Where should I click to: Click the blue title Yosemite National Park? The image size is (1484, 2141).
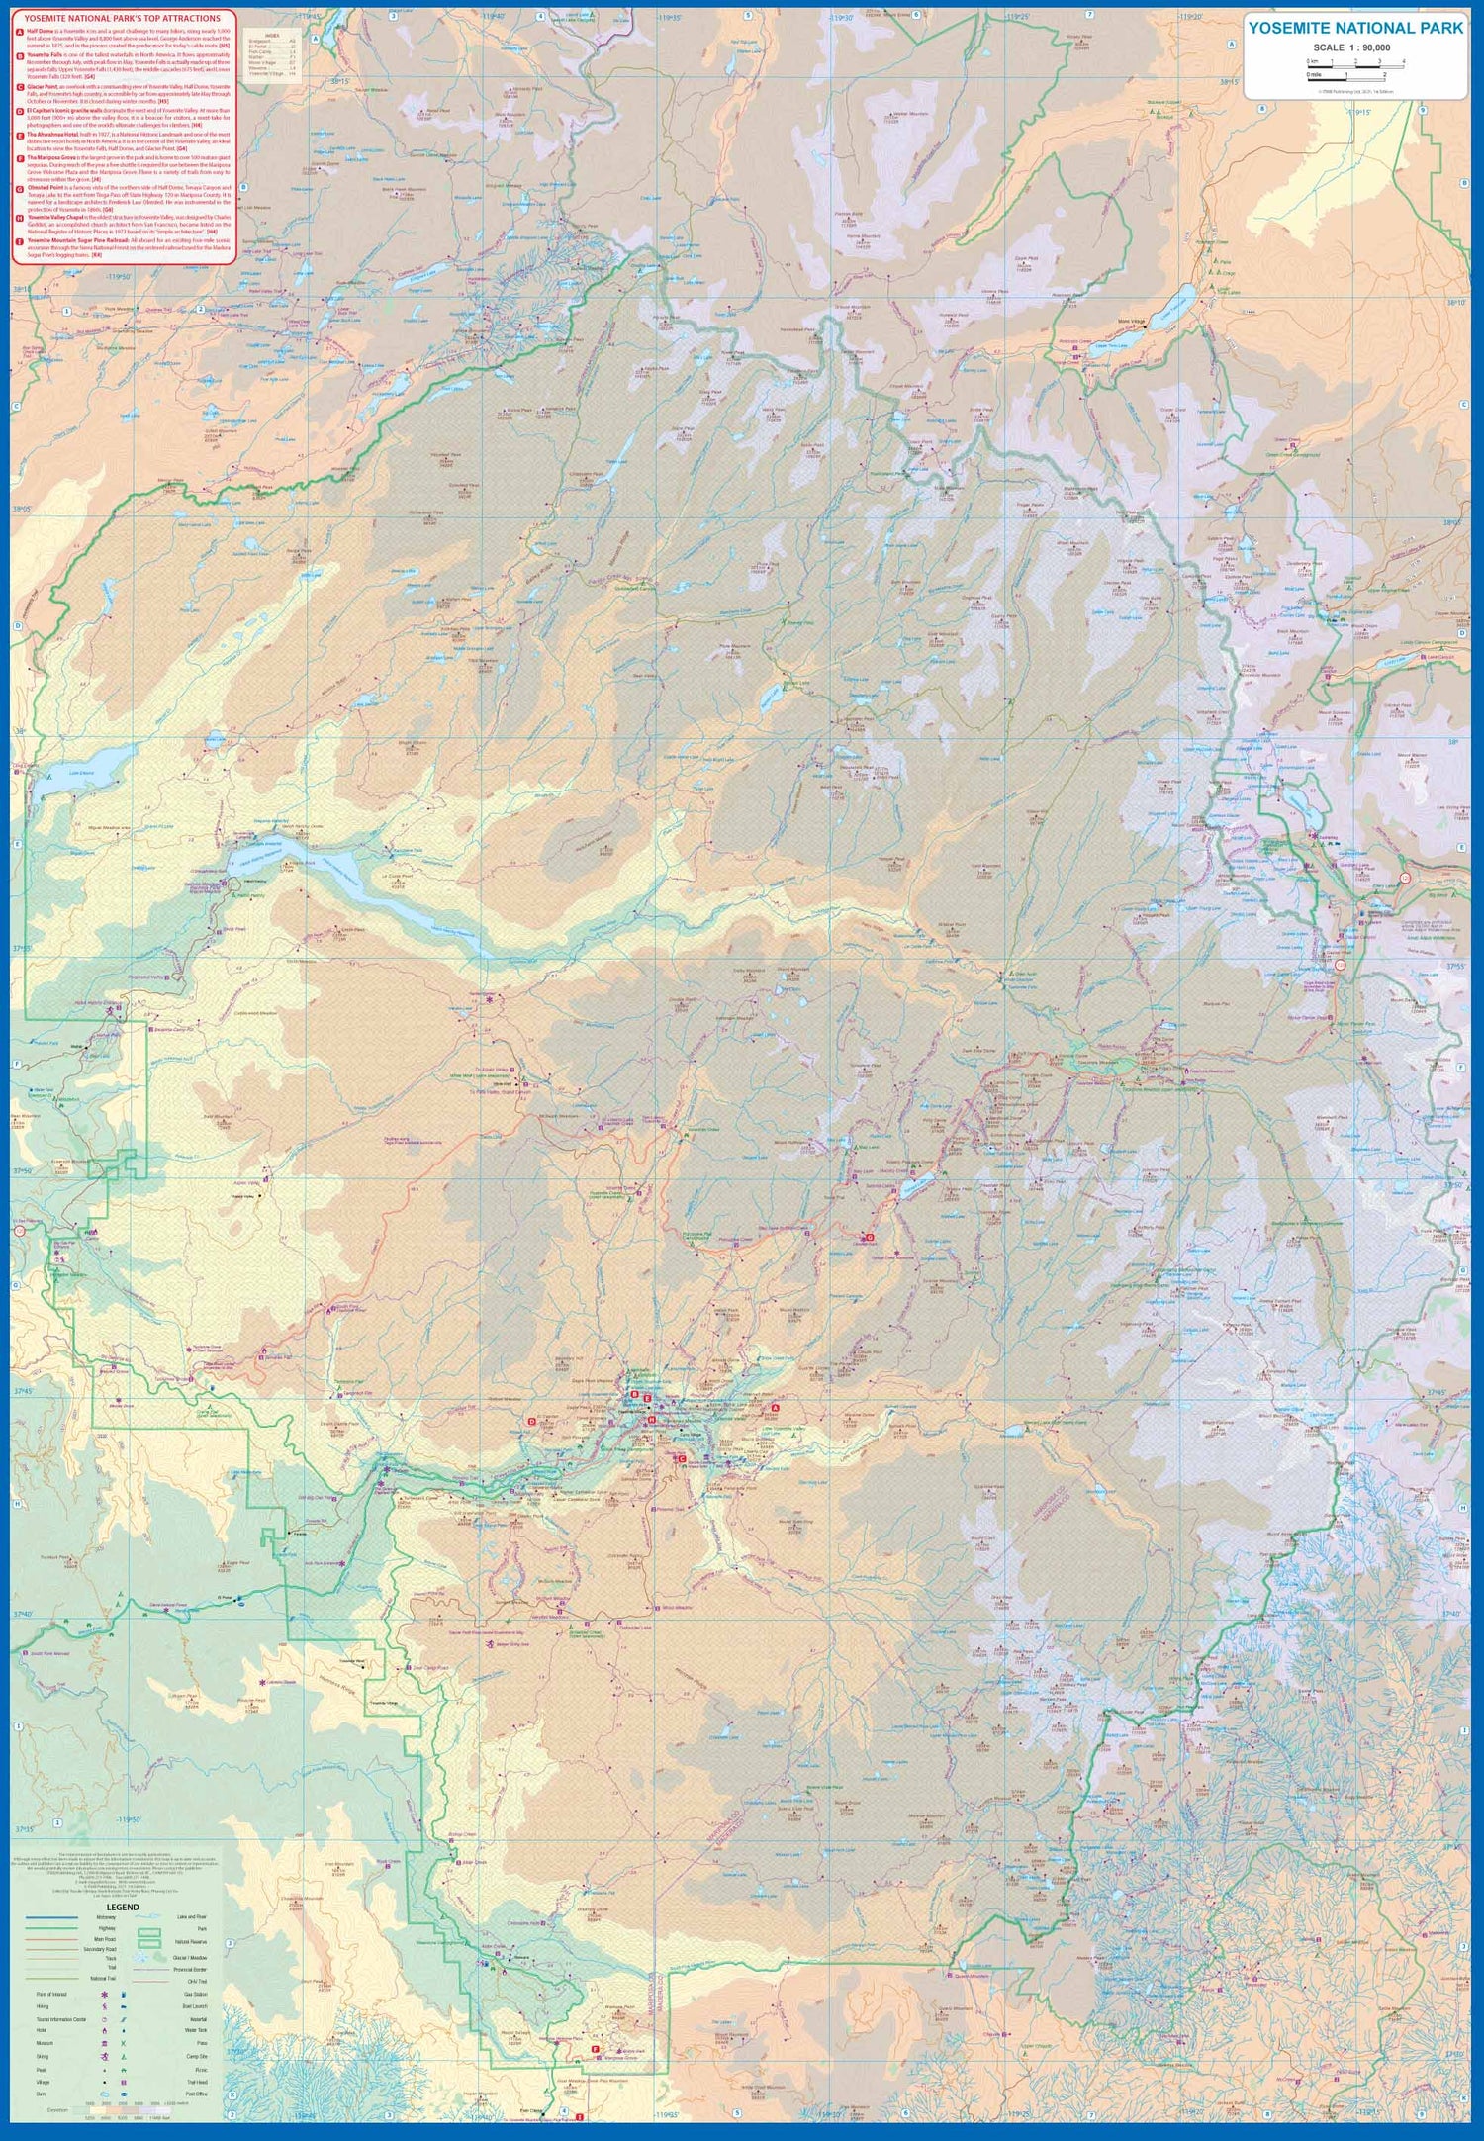tap(1354, 28)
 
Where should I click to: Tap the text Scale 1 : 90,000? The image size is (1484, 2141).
tap(1351, 47)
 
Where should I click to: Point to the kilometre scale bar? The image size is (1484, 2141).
tap(1354, 62)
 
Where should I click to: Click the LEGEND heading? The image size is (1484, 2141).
tap(123, 1907)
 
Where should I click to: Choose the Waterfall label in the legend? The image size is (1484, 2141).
tap(198, 2019)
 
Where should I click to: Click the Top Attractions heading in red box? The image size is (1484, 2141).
tap(123, 18)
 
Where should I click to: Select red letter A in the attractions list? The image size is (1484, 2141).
tap(20, 32)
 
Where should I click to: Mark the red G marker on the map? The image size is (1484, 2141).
tap(870, 1237)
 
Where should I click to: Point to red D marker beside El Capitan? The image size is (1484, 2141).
tap(531, 1422)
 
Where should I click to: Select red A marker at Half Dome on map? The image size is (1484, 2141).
tap(775, 1407)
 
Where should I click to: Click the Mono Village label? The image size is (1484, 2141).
tap(1131, 322)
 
